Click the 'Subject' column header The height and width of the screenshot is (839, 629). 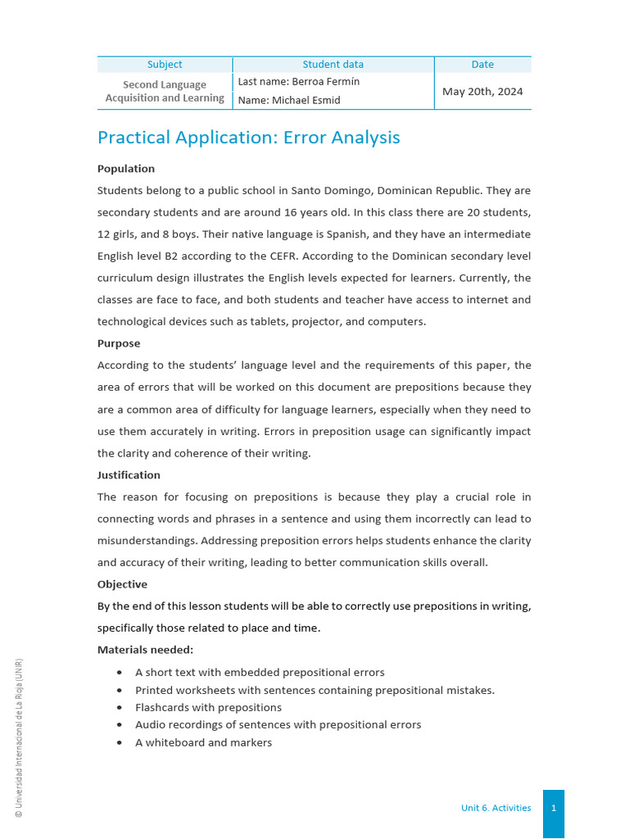tap(165, 65)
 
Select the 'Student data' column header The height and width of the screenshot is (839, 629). tap(333, 65)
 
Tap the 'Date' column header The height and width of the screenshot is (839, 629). tap(482, 65)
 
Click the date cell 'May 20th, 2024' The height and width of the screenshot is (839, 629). tap(482, 92)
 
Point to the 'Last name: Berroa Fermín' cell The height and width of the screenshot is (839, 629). tap(299, 82)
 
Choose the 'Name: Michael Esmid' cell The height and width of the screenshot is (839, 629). tap(289, 101)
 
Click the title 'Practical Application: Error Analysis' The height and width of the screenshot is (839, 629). tap(248, 138)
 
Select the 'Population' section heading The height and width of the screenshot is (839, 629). tap(126, 169)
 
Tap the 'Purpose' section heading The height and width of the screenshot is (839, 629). tap(119, 343)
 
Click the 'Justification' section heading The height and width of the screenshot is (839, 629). tap(129, 475)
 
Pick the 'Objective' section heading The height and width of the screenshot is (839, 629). tap(122, 584)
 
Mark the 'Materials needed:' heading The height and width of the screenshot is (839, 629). tap(145, 650)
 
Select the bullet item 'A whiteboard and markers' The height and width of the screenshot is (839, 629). tap(203, 742)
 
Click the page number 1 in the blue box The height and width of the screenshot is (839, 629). tap(554, 808)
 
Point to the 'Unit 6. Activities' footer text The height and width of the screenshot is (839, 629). tap(496, 808)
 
